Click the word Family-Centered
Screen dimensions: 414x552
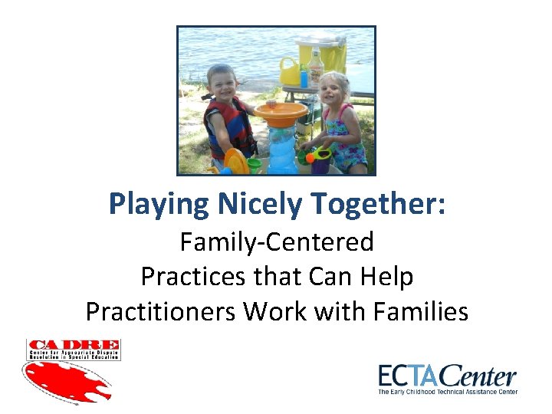(277, 242)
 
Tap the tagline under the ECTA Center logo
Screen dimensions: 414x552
(448, 392)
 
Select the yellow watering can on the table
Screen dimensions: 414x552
(291, 71)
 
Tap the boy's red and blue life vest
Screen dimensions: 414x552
(229, 126)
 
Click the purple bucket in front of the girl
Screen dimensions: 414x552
(320, 161)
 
